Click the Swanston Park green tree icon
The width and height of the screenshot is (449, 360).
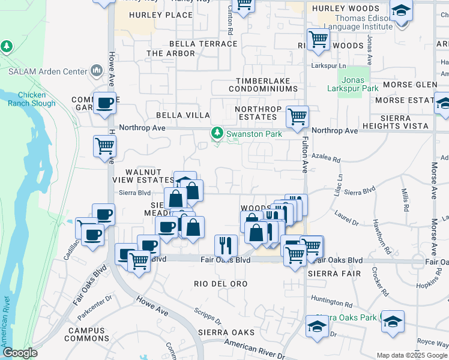217,134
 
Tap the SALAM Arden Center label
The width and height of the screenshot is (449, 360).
48,71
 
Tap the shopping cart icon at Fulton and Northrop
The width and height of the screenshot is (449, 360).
297,116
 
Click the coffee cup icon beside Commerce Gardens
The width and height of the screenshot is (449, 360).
104,103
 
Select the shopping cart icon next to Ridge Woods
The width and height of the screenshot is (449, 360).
318,40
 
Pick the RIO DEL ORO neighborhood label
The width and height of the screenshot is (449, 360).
221,283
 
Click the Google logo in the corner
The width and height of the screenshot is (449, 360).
20,353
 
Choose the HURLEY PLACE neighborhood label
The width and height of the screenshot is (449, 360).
152,15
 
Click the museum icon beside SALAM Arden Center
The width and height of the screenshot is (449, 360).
97,71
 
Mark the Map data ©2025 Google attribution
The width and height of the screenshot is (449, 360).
412,355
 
